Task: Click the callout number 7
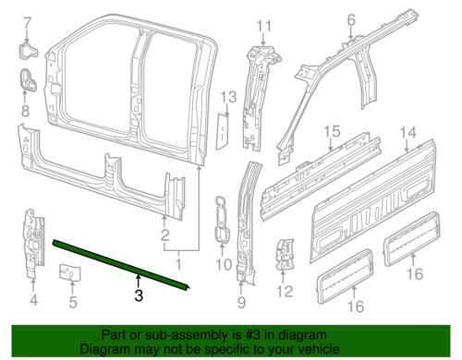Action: [28, 23]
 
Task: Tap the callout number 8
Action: [25, 111]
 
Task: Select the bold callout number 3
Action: [139, 295]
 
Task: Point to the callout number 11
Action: [264, 26]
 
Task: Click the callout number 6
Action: [351, 20]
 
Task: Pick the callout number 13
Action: [228, 97]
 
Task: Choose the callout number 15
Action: [332, 131]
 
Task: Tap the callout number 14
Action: [408, 133]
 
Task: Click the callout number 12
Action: [285, 292]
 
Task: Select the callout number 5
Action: [73, 302]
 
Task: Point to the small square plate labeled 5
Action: [69, 272]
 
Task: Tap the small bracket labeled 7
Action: [28, 51]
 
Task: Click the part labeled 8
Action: [28, 80]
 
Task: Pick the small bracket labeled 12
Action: [286, 255]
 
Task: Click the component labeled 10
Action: [222, 220]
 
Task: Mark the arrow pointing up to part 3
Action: [139, 282]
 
